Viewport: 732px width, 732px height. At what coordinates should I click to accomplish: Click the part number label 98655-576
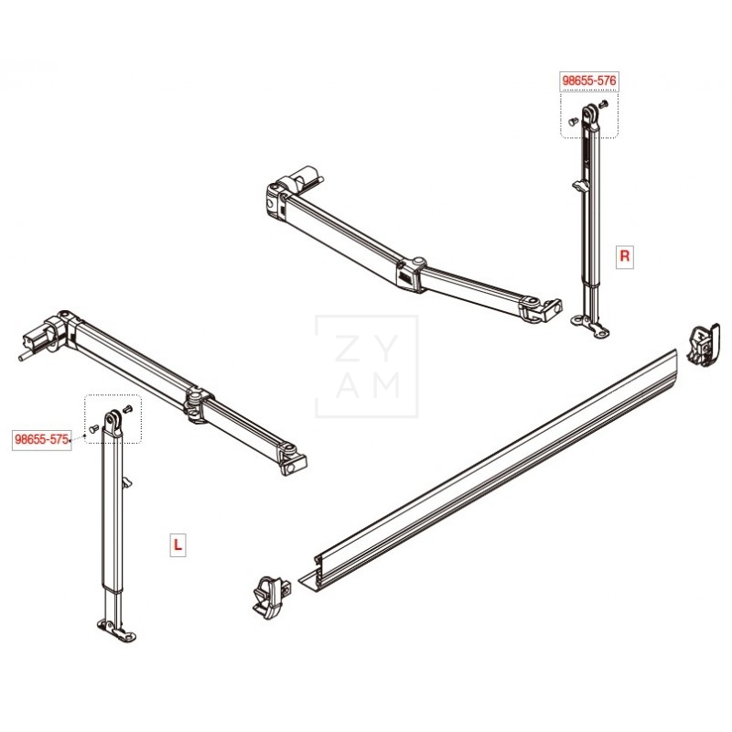[x=589, y=81]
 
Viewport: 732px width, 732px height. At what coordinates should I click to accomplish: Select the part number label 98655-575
[x=42, y=439]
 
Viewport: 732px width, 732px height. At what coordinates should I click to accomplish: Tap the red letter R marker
[x=625, y=255]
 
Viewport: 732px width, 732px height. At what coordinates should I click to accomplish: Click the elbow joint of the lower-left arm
[x=197, y=401]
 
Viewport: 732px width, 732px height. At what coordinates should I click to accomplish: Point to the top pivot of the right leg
[x=591, y=113]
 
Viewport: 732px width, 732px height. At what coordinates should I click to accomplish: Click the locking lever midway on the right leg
[x=578, y=187]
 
